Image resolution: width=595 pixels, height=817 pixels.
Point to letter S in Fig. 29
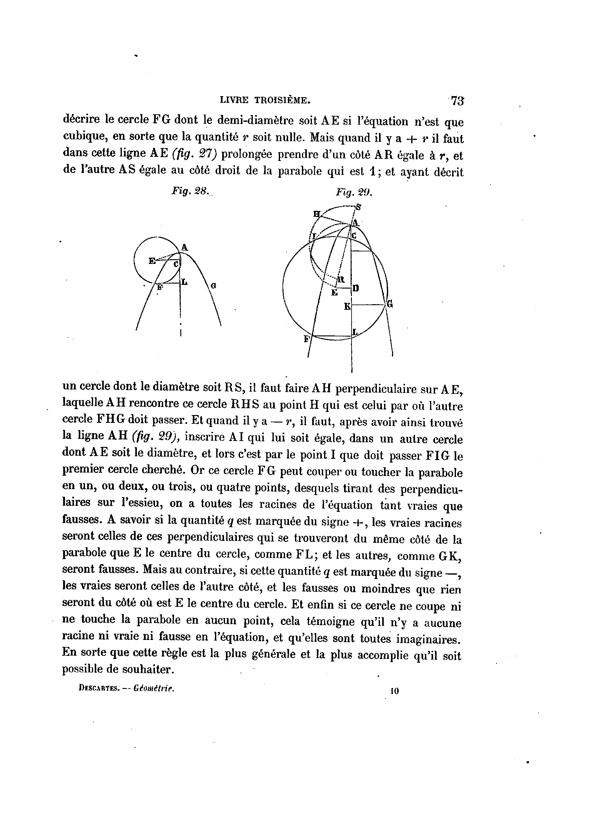pyautogui.click(x=358, y=207)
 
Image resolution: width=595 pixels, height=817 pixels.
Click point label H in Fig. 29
pyautogui.click(x=317, y=214)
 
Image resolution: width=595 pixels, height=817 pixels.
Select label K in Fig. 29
pyautogui.click(x=347, y=307)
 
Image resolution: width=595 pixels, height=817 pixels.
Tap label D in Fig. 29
pyautogui.click(x=356, y=288)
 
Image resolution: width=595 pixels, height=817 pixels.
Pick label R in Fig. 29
pyautogui.click(x=341, y=280)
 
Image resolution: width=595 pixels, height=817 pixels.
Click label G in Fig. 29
pyautogui.click(x=390, y=305)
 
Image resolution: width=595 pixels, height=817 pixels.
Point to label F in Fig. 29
pyautogui.click(x=307, y=339)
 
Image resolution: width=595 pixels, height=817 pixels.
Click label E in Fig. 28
pyautogui.click(x=152, y=261)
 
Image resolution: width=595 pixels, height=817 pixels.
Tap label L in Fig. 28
pyautogui.click(x=184, y=282)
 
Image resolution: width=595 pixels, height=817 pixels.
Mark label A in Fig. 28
pyautogui.click(x=184, y=247)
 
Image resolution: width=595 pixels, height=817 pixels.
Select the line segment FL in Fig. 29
pyautogui.click(x=332, y=337)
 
